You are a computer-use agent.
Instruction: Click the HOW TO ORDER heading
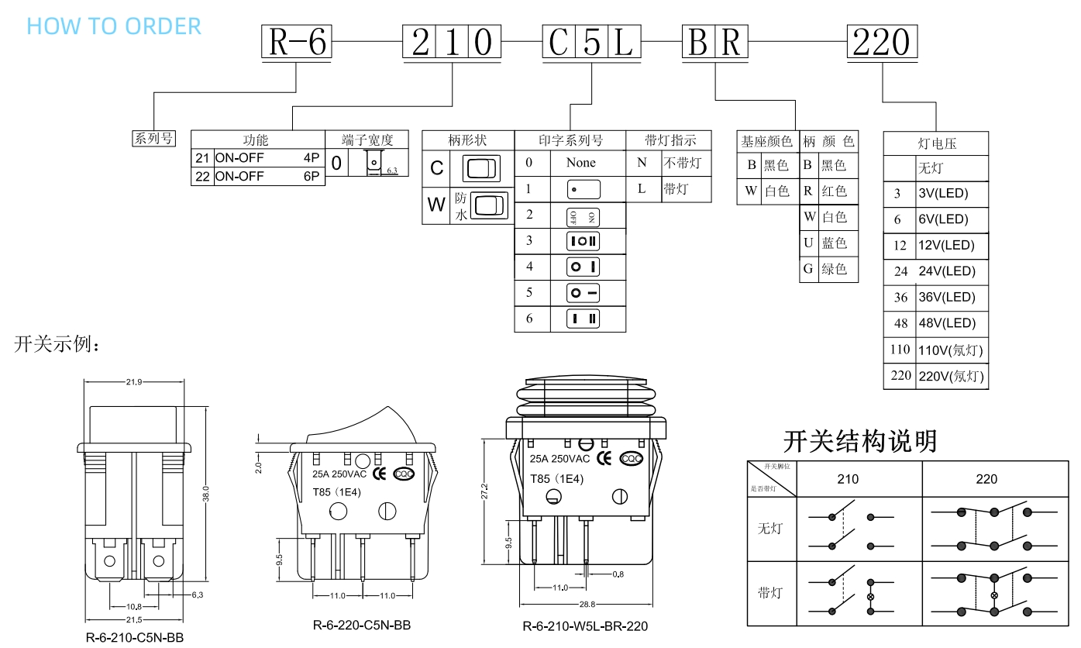[x=114, y=26]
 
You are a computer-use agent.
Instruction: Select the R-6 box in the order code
[x=297, y=43]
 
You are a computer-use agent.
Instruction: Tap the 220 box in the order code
[x=883, y=43]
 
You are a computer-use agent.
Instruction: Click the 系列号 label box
[x=153, y=139]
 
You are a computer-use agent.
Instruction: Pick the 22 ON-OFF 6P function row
[x=257, y=177]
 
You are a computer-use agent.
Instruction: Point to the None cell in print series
[x=580, y=163]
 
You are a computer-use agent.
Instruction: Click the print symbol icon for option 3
[x=584, y=240]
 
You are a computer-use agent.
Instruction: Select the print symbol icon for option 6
[x=584, y=319]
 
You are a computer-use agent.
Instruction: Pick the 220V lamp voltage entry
[x=950, y=377]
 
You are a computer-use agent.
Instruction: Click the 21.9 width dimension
[x=134, y=381]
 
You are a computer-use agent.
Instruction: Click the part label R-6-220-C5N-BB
[x=362, y=625]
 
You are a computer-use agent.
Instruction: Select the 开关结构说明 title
[x=860, y=441]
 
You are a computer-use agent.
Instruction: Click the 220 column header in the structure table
[x=986, y=479]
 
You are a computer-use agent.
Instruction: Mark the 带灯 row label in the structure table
[x=770, y=593]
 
